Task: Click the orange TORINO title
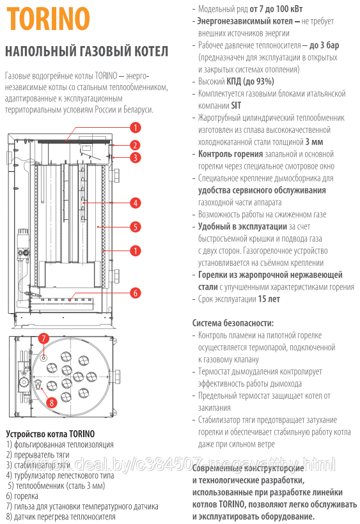click(48, 19)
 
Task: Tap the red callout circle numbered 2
click(135, 145)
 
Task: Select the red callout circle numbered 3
click(135, 157)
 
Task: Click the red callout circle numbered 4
click(135, 203)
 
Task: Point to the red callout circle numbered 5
click(135, 227)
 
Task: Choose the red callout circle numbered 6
click(135, 293)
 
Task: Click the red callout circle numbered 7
click(43, 338)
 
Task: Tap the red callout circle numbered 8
click(52, 403)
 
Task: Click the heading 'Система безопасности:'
click(233, 323)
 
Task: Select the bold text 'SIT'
click(236, 105)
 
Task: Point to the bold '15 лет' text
click(269, 299)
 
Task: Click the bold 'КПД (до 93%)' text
click(251, 82)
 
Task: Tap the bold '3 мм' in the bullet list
click(314, 142)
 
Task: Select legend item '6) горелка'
click(22, 497)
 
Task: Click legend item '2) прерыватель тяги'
click(38, 455)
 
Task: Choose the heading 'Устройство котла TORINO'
click(50, 434)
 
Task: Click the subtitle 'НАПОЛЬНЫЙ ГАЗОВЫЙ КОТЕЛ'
click(86, 52)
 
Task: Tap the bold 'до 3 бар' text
click(324, 45)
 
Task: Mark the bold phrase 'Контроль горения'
click(231, 154)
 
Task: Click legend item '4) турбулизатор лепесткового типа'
click(60, 475)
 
